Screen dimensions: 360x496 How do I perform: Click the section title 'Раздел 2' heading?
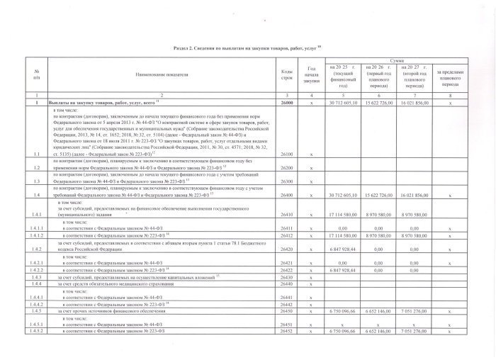tap(248, 46)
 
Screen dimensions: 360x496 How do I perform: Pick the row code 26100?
tap(287, 153)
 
